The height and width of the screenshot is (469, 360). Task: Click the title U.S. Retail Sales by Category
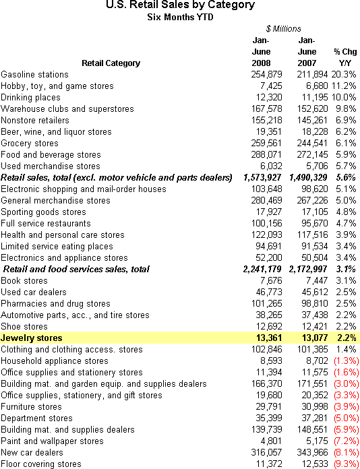[180, 5]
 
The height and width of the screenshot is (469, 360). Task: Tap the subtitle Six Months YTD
[180, 18]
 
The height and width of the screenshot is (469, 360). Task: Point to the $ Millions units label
[283, 29]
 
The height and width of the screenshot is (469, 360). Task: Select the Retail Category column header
[111, 63]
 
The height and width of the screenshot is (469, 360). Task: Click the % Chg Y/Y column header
[345, 57]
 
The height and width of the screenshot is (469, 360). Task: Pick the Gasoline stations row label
[34, 75]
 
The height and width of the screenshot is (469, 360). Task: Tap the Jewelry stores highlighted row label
[32, 338]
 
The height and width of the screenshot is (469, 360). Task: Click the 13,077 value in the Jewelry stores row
[315, 338]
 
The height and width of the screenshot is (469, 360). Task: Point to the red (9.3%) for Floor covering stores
[347, 464]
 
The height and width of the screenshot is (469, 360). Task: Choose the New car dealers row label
[32, 453]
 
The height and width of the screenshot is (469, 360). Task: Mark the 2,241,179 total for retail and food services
[262, 269]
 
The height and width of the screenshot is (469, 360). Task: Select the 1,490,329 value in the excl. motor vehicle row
[309, 178]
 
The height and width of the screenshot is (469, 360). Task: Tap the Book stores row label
[24, 280]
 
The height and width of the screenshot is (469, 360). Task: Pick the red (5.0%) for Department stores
[347, 418]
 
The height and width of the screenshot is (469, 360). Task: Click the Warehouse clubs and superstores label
[67, 109]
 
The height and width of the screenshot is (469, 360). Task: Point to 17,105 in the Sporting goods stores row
[315, 212]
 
